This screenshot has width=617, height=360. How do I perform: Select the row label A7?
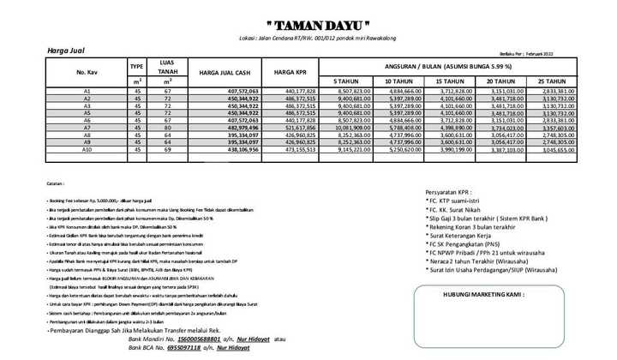coord(87,128)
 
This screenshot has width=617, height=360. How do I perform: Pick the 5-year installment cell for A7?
coord(350,128)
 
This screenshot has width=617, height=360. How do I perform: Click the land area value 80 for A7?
coord(169,128)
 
